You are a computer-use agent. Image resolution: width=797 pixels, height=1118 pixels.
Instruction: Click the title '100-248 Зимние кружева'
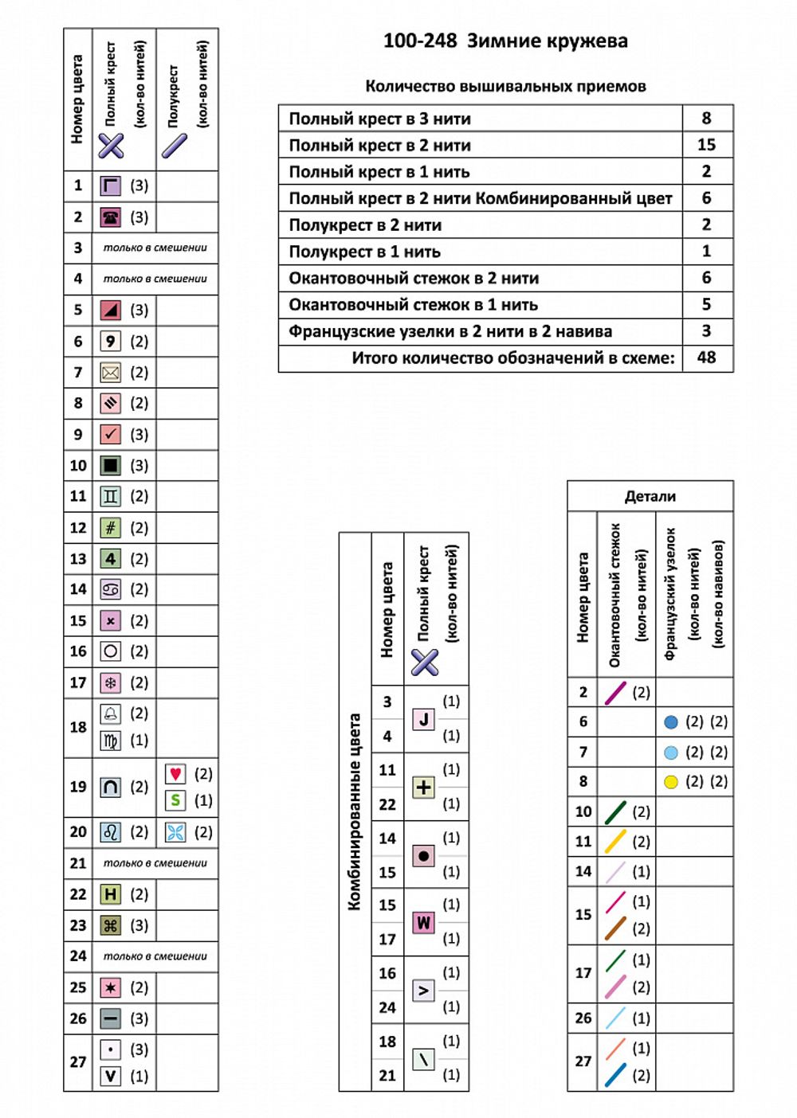505,41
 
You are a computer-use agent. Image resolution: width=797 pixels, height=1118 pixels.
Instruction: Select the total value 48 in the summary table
706,358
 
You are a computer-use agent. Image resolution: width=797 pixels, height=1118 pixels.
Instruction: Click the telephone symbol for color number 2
111,217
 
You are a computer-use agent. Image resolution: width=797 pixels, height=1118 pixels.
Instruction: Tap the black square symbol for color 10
111,466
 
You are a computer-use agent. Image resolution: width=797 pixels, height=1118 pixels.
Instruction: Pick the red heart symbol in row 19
175,774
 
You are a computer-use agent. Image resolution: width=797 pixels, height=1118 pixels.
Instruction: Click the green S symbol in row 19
175,800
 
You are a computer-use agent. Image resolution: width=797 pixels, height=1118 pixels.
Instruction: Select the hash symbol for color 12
111,528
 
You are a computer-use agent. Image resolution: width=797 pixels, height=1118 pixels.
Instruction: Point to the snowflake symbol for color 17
111,683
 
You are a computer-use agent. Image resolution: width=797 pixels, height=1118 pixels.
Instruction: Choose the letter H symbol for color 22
111,894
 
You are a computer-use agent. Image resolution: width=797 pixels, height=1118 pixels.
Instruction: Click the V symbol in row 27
111,1077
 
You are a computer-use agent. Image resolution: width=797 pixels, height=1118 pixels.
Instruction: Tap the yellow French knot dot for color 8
671,782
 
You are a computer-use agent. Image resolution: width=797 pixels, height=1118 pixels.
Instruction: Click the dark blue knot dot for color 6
671,722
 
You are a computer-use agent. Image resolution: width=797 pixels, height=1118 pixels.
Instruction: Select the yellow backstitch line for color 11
615,842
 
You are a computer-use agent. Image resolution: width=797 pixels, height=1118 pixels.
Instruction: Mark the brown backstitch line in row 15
615,928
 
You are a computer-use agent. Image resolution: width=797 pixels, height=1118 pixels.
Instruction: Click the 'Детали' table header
650,496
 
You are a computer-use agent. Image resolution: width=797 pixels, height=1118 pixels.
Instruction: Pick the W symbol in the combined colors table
423,923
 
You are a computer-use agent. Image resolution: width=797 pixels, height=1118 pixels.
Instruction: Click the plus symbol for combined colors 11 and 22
423,788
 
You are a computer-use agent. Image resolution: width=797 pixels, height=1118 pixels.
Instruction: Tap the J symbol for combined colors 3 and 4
423,719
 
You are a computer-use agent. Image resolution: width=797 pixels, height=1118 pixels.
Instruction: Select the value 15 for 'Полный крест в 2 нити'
706,145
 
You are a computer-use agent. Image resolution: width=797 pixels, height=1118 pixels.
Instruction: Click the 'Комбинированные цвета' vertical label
355,811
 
